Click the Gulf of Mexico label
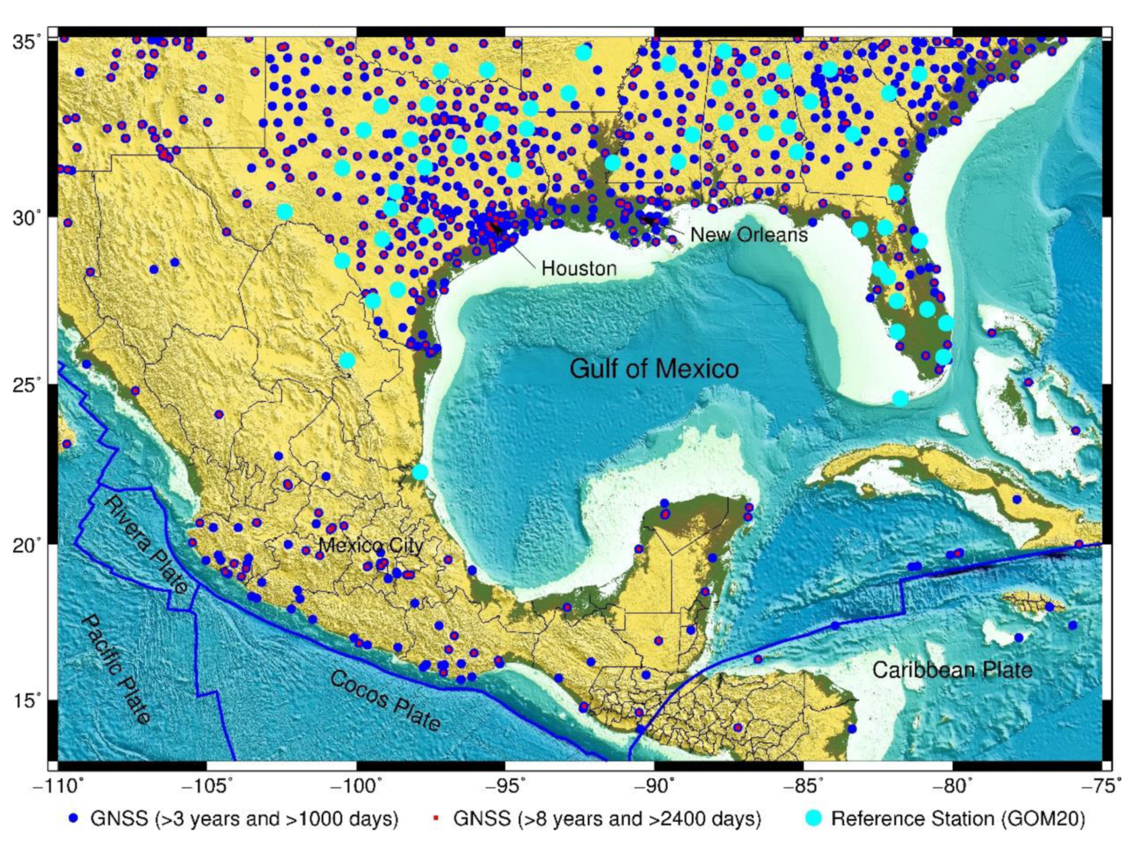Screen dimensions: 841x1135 (654, 369)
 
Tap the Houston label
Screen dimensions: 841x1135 (579, 268)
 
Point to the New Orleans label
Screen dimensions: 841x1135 (748, 235)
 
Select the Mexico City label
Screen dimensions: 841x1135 (371, 546)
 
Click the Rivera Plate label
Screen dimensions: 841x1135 (146, 545)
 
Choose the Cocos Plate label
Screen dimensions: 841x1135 (385, 700)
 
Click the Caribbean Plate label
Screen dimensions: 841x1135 (952, 670)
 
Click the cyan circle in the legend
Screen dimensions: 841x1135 (813, 818)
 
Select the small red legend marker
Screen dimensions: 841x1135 (435, 818)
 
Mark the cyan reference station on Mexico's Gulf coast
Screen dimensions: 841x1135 (420, 471)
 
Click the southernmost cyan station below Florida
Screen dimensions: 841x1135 (900, 398)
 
